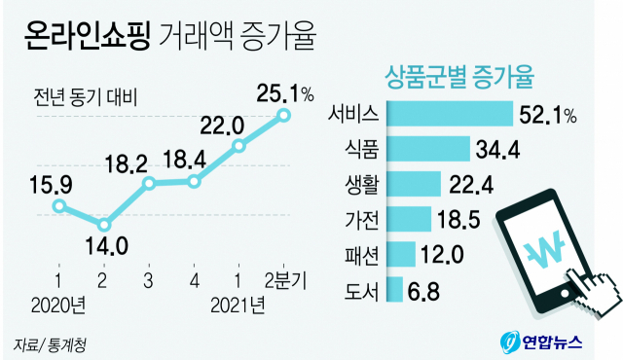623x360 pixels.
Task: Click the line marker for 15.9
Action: coord(60,205)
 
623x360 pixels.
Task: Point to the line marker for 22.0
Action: coord(239,147)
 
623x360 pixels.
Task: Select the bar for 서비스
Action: coord(449,115)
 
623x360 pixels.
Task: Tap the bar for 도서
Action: coord(395,289)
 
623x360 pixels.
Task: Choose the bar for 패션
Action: coord(401,254)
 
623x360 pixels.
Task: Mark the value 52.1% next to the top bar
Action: coord(547,115)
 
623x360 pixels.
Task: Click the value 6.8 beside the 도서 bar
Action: coord(426,289)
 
